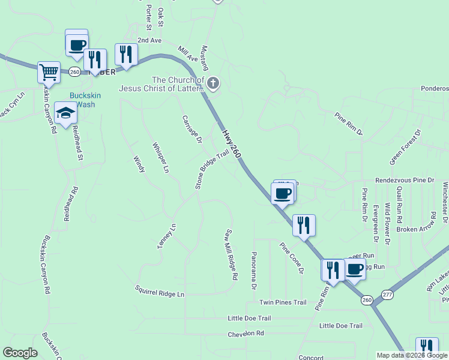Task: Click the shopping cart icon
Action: coord(49,72)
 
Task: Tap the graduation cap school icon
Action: coord(65,112)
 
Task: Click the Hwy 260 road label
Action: coord(231,145)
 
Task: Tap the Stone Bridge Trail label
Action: coord(212,170)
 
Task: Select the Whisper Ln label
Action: coord(160,158)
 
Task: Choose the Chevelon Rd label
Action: coord(246,333)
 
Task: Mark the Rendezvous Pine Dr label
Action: coord(405,180)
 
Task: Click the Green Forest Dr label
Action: coord(406,146)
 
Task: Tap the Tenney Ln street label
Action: coord(166,236)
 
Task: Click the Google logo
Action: coord(20,353)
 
